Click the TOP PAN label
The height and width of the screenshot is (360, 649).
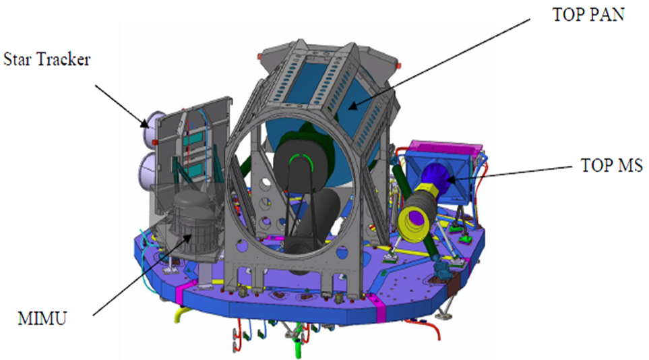588,15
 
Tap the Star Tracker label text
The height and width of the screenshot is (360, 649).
47,59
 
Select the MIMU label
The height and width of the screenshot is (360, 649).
42,319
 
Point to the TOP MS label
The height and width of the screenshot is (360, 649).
612,165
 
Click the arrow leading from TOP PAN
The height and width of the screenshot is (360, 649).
439,64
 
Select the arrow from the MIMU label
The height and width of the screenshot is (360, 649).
143,274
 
